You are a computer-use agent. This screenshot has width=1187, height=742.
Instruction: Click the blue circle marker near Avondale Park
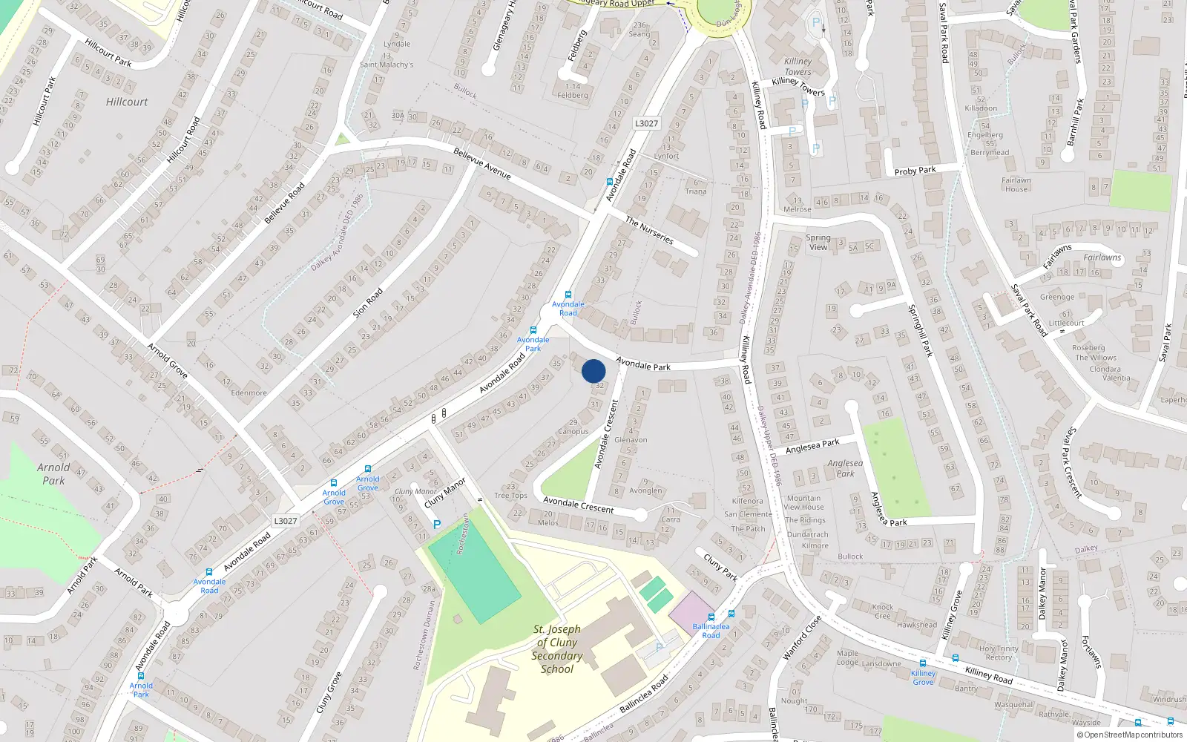(x=593, y=371)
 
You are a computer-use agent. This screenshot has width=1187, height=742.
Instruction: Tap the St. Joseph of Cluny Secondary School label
(x=557, y=649)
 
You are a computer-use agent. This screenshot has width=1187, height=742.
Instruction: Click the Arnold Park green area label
(x=53, y=473)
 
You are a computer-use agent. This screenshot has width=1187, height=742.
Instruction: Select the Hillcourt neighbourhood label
(x=127, y=102)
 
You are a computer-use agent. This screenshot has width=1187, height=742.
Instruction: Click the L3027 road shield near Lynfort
(x=646, y=123)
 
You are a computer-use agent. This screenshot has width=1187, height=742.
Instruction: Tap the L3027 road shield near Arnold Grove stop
(x=286, y=521)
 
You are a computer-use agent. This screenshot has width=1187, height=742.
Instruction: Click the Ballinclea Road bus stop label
(x=711, y=631)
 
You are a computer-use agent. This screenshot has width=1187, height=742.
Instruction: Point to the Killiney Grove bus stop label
(x=924, y=677)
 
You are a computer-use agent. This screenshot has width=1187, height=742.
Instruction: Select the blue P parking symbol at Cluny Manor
(x=437, y=525)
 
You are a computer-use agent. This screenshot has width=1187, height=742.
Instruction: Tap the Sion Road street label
(x=368, y=303)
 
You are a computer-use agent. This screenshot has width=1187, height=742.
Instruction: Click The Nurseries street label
(x=649, y=230)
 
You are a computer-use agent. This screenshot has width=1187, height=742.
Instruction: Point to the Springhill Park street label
(x=920, y=330)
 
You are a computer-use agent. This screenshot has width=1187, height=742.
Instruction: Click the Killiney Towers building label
(x=798, y=67)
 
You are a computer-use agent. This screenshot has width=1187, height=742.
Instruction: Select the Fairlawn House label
(x=1016, y=185)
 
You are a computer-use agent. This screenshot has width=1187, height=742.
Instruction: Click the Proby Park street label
(x=915, y=171)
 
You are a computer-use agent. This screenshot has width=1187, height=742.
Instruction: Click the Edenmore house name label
(x=249, y=393)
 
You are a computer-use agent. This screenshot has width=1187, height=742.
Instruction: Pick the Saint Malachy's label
(x=387, y=65)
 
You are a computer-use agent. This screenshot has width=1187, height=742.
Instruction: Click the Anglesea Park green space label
(x=845, y=468)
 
